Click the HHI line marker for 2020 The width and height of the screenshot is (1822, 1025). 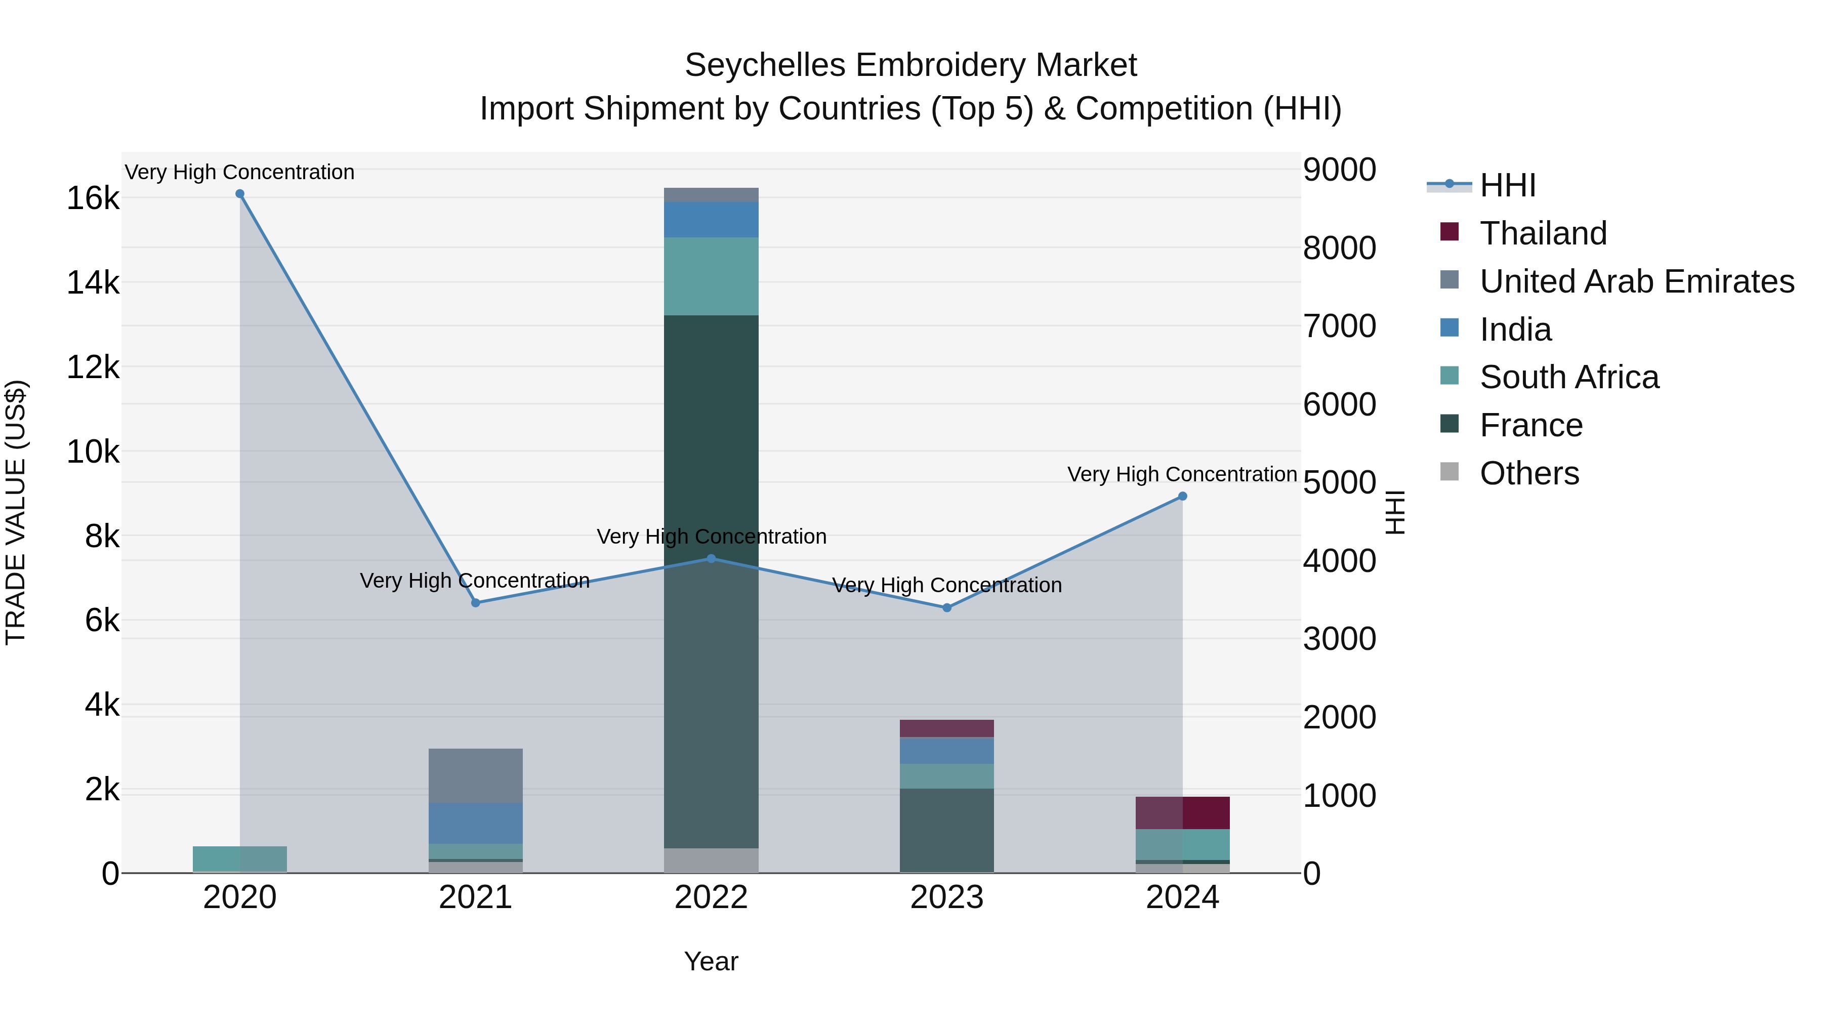[x=240, y=194]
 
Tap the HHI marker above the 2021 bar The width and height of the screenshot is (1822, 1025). [x=475, y=603]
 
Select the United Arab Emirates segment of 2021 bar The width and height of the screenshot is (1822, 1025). [x=475, y=775]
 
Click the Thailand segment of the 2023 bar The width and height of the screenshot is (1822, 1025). [x=946, y=728]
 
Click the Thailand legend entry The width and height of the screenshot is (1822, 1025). [x=1543, y=233]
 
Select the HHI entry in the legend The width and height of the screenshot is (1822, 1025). [x=1507, y=185]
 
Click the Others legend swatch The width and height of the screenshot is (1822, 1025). [x=1450, y=472]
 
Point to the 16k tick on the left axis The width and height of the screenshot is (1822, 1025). [x=93, y=198]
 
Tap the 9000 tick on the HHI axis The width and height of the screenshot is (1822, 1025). [x=1339, y=170]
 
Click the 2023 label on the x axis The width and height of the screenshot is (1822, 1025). [x=946, y=897]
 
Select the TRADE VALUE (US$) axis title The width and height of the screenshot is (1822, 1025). [x=16, y=512]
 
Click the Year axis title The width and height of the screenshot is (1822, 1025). [x=711, y=961]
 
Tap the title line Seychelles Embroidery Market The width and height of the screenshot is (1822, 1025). [x=910, y=65]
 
